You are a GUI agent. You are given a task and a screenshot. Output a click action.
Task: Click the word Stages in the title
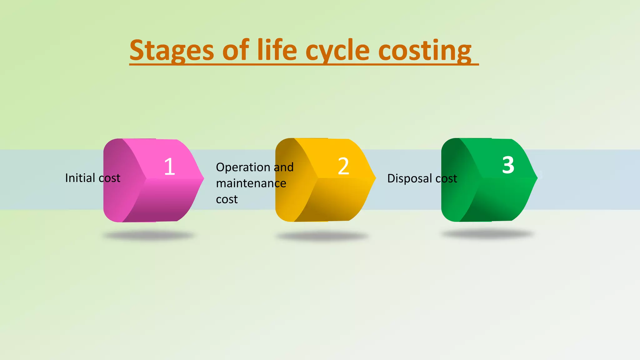tap(172, 51)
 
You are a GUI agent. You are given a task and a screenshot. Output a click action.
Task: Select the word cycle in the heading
tap(337, 51)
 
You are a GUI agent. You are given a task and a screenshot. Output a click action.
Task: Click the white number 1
tap(169, 166)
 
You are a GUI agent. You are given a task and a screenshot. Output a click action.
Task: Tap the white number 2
tap(343, 166)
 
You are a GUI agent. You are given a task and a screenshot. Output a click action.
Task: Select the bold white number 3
tap(508, 165)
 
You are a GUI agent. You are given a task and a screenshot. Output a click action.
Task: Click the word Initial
tap(80, 178)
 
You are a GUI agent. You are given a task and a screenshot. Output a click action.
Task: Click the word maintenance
tap(251, 183)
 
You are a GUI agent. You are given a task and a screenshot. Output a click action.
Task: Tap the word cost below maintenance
tap(227, 199)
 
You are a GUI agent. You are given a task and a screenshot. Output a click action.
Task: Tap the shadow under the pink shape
tap(148, 235)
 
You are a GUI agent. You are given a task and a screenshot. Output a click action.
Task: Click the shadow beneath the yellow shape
tap(322, 236)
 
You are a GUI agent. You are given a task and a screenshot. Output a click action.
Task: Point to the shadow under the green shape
tap(487, 234)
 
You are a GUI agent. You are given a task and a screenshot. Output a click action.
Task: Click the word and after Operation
tap(284, 167)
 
